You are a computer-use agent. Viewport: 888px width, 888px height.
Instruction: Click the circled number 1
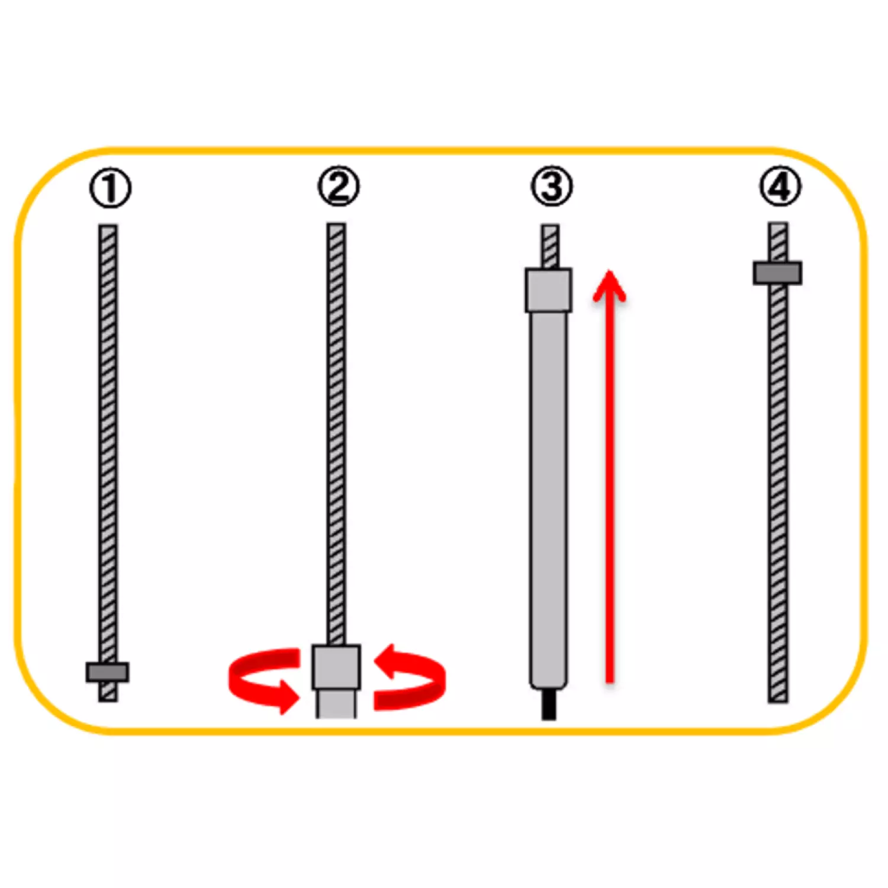pos(110,189)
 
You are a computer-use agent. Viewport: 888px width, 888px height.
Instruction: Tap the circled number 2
pos(338,187)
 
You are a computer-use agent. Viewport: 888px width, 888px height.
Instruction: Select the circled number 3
pos(552,186)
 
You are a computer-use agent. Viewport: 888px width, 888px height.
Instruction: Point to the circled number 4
pos(780,186)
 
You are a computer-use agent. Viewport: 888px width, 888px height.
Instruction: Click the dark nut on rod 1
pos(107,672)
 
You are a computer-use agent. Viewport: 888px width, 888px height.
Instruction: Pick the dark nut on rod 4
pos(777,273)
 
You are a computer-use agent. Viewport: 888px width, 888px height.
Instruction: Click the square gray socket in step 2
pos(336,667)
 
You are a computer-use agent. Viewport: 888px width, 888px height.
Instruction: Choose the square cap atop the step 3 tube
pos(549,290)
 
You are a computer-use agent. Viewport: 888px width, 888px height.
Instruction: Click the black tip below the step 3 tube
pos(549,703)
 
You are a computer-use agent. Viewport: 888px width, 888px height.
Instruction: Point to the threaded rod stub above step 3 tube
pos(550,246)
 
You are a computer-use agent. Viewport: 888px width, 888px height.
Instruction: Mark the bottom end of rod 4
pos(778,702)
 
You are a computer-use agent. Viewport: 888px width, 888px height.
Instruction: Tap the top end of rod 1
pos(108,226)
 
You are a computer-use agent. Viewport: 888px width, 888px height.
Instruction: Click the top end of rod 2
pos(336,224)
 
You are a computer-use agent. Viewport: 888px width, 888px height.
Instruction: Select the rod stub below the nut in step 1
pos(108,692)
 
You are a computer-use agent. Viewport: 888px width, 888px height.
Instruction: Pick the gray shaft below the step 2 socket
pos(336,704)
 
